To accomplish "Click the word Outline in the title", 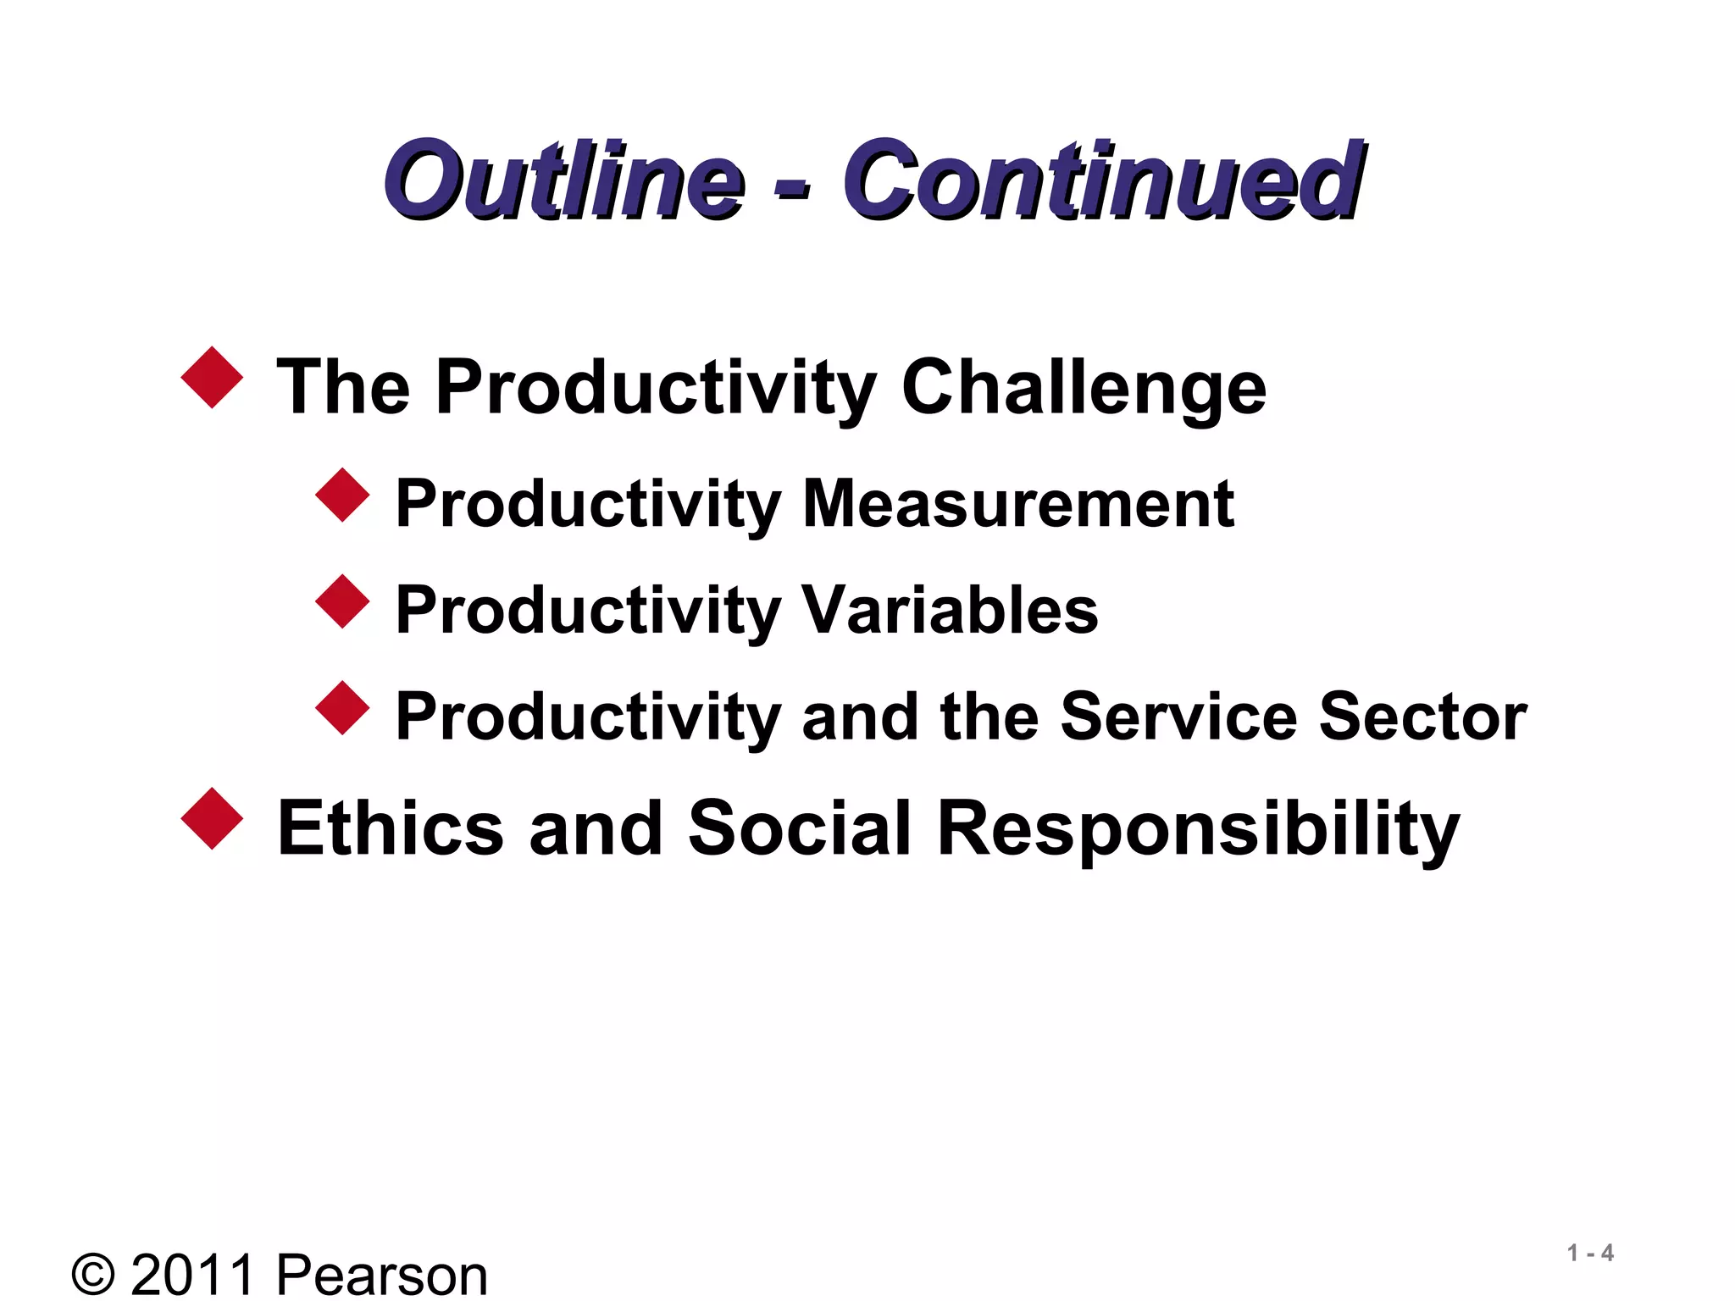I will [x=563, y=180].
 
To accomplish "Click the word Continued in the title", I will [x=1101, y=180].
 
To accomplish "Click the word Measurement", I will [x=1017, y=504].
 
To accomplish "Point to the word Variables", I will [x=949, y=610].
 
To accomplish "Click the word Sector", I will [x=1422, y=717].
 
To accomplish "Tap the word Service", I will [x=1178, y=717].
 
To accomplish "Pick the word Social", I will [x=799, y=828].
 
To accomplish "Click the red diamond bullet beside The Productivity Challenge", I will [x=212, y=378].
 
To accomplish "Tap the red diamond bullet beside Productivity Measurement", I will [x=342, y=495].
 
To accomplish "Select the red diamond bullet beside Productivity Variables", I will [x=342, y=601].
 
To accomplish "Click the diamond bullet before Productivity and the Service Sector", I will [x=342, y=707].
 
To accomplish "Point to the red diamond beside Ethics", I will [x=212, y=819].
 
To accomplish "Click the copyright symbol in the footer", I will [x=93, y=1274].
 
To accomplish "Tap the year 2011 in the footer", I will [x=192, y=1274].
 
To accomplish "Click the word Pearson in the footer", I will [x=381, y=1274].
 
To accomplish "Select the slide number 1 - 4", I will [x=1590, y=1253].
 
